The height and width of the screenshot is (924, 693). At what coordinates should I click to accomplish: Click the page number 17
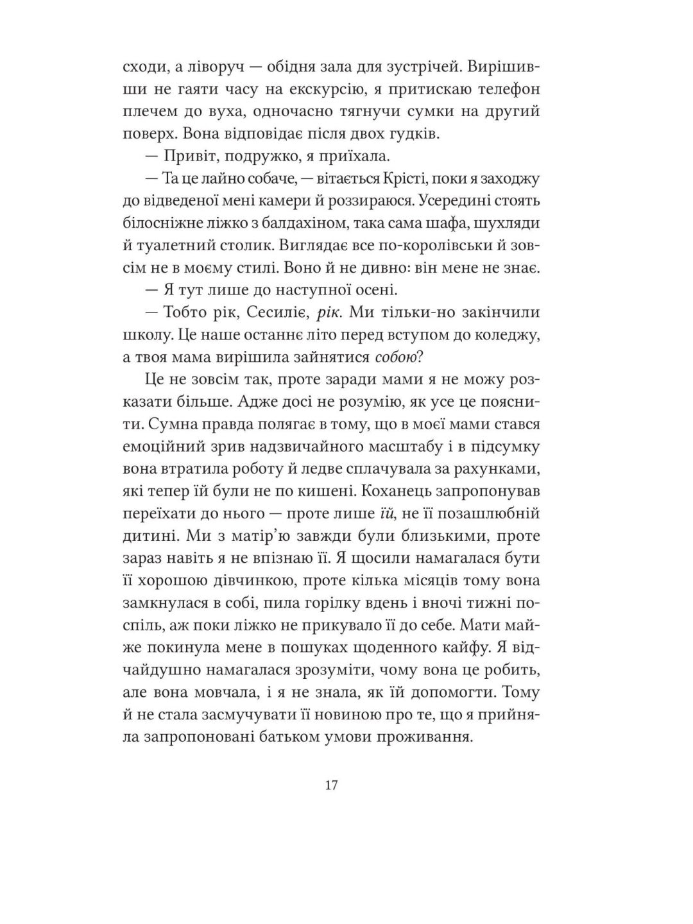332,785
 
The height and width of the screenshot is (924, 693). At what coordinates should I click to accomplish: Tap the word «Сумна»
168,424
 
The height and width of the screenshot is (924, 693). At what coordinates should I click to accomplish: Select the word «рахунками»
498,469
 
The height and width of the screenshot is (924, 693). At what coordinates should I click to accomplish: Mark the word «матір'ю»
216,536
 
